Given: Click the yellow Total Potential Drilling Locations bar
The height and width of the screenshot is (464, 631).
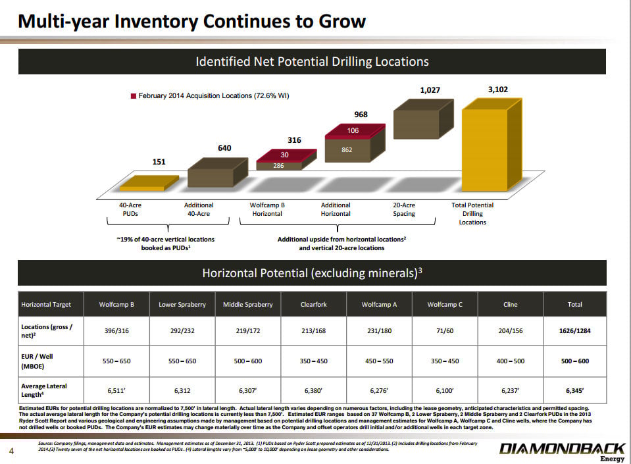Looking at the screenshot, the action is [x=492, y=145].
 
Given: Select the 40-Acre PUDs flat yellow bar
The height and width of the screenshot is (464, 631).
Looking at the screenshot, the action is [x=149, y=183].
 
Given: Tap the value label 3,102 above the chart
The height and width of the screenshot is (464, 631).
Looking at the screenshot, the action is [x=498, y=90].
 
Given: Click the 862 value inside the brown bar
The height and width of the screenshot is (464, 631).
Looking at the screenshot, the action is [x=347, y=149].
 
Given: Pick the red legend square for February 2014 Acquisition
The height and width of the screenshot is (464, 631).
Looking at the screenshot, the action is [x=133, y=96].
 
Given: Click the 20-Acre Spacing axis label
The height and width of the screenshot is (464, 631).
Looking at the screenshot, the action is [x=403, y=209].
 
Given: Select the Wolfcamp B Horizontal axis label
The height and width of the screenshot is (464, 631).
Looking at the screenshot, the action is [x=267, y=209].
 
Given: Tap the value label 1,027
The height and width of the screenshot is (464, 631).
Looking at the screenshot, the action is [x=430, y=90].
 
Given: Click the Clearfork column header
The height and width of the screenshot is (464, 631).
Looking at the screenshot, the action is [x=313, y=304].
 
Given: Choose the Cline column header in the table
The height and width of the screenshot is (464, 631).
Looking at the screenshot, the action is [x=511, y=304].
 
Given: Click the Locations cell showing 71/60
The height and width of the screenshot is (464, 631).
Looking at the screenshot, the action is [x=445, y=331].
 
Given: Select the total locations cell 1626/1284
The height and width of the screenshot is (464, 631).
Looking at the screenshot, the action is [x=574, y=331].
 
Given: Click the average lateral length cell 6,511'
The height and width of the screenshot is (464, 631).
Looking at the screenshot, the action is [x=116, y=390].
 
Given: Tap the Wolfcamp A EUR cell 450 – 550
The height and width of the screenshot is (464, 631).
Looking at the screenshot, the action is [x=379, y=361].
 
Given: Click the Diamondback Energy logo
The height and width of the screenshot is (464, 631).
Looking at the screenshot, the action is [x=562, y=451].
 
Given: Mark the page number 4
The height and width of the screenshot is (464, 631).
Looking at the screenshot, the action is [x=11, y=451].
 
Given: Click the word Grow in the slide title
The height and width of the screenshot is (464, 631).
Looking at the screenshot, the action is [x=342, y=21].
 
